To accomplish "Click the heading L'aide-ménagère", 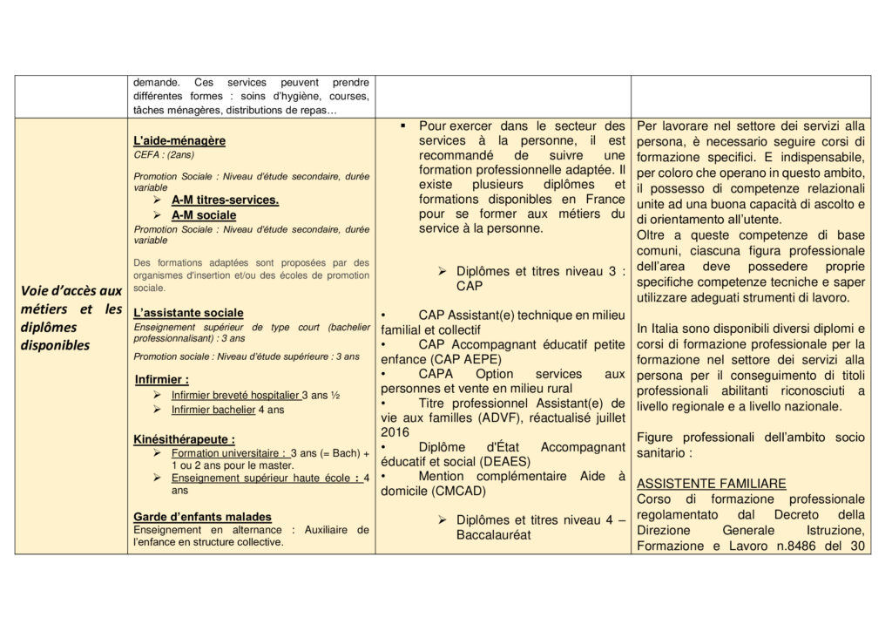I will pos(179,140).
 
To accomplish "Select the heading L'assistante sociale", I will pos(189,312).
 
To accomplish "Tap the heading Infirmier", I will pos(162,379).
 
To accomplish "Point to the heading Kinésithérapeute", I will pos(185,439).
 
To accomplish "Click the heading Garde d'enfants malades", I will pos(202,516).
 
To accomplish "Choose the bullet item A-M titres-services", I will pos(225,200).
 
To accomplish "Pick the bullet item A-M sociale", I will pos(204,214).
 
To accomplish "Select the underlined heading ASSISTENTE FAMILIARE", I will pos(712,483).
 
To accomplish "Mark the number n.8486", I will pos(786,546).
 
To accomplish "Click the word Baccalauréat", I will pos(493,534).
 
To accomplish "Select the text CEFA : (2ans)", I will pos(165,154).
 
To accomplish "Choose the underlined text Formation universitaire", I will pos(229,454).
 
